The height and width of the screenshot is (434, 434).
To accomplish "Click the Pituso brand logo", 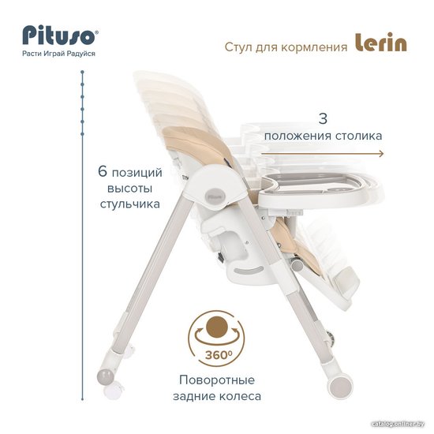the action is click(60, 36).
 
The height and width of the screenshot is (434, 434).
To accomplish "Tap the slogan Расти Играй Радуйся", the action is click(58, 54).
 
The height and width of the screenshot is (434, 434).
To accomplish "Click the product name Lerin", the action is click(381, 42).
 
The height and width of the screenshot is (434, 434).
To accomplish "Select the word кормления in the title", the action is click(314, 47).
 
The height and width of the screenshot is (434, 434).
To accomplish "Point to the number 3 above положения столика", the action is click(323, 118).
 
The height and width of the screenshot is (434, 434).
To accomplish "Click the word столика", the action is click(359, 136).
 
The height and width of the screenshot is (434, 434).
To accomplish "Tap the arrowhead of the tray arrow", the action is click(382, 154).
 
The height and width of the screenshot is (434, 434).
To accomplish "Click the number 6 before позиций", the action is click(103, 171).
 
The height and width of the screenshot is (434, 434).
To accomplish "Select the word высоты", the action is click(130, 189).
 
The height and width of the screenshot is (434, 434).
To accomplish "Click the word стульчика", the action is click(130, 204).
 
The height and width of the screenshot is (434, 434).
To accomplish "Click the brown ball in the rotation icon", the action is click(217, 327).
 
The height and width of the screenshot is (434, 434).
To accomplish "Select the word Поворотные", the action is click(217, 380).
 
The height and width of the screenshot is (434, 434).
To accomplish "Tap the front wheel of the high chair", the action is click(340, 385).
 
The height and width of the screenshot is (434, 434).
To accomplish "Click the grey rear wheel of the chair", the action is click(106, 376).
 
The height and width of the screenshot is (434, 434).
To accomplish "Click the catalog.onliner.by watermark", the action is click(398, 424).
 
